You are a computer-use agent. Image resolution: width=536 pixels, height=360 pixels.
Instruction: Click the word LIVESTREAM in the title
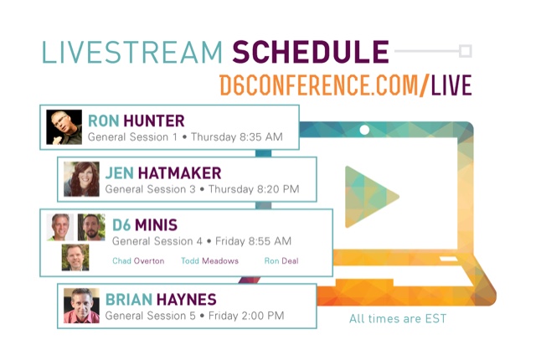(x=132, y=52)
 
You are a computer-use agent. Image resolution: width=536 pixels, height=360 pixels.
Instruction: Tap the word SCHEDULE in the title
(x=311, y=52)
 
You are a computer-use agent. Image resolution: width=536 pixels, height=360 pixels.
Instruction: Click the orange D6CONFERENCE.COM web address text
(x=319, y=85)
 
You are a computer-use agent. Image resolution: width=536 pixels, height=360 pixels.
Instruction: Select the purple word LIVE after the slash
(x=451, y=85)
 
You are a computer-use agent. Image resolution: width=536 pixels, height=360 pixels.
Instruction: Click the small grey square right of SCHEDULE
(x=466, y=51)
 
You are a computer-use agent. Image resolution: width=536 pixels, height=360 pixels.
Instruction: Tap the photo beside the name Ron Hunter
(x=64, y=127)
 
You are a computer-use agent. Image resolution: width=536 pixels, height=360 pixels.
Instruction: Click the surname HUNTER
(x=154, y=121)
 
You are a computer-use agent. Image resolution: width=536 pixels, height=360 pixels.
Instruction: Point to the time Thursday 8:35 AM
(x=237, y=137)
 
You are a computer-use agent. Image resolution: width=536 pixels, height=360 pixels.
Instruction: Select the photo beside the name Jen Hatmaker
(x=81, y=179)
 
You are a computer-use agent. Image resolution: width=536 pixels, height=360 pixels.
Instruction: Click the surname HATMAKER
(x=180, y=173)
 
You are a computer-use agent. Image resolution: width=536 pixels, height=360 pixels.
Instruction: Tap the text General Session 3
(x=151, y=189)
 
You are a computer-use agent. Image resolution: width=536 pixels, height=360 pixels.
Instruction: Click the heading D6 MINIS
(x=145, y=225)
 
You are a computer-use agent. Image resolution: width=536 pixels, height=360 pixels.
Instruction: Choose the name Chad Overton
(x=138, y=261)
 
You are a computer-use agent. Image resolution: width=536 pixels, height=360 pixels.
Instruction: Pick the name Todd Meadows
(x=210, y=261)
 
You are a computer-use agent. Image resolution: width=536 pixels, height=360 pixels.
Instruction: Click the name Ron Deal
(x=281, y=261)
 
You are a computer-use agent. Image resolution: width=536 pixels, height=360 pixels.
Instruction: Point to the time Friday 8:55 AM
(x=253, y=241)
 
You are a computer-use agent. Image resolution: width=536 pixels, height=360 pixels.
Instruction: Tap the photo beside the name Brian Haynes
(x=81, y=306)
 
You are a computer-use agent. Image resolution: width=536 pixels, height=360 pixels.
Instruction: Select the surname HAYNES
(x=186, y=300)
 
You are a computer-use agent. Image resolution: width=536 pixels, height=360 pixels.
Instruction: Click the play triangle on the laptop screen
(x=369, y=197)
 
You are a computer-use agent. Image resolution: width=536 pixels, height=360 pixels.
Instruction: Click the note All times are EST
(x=398, y=319)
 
